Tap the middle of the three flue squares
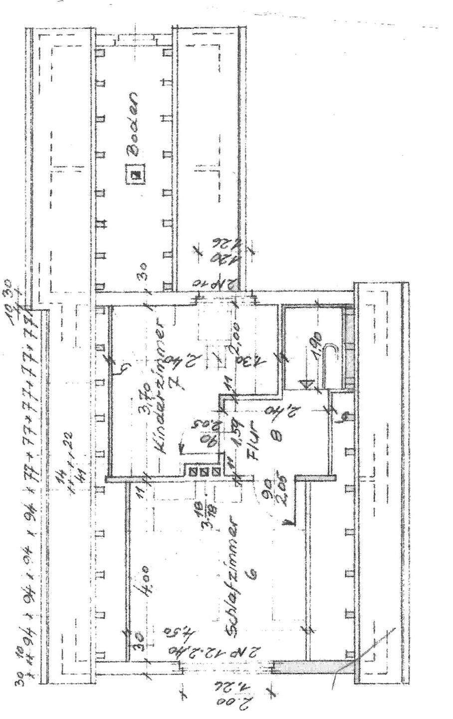coord(204,471)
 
